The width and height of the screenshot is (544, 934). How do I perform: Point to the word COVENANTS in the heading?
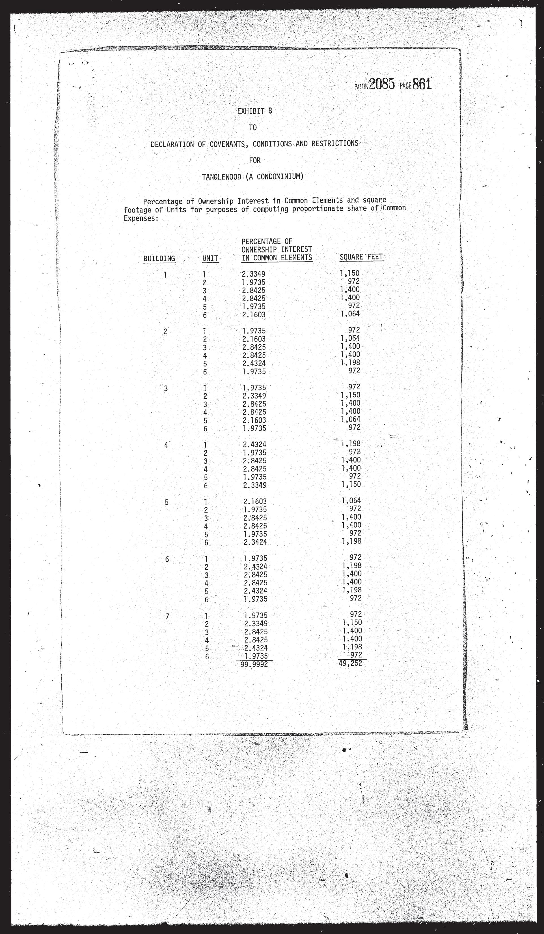(x=227, y=144)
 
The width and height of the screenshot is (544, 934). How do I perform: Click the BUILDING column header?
(x=159, y=258)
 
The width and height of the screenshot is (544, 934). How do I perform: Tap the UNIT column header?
(x=210, y=258)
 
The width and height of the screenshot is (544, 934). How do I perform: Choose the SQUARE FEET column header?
(x=361, y=257)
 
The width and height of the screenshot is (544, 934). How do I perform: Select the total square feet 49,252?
(x=350, y=663)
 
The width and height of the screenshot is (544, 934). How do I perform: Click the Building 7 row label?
(x=167, y=616)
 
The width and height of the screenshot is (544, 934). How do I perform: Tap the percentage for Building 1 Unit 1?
(x=254, y=274)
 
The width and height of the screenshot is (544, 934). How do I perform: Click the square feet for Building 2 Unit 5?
(x=350, y=363)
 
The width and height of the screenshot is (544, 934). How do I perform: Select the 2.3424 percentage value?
(x=255, y=542)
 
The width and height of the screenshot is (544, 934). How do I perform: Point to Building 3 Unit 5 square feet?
(x=350, y=419)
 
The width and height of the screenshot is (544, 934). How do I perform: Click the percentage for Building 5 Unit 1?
(x=255, y=502)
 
